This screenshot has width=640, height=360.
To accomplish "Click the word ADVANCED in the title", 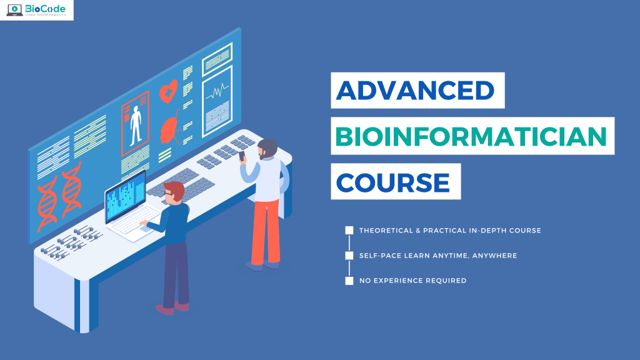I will point(415,91).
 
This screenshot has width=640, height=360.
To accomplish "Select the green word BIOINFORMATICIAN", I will point(472,137).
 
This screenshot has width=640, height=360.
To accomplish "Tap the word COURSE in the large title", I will point(393,182).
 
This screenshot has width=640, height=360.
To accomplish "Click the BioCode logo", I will point(37,10).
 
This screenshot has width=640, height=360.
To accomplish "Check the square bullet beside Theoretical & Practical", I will point(349,231).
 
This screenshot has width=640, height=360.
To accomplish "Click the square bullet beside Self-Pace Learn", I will point(349,256).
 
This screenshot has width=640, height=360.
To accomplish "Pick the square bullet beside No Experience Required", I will point(349,281).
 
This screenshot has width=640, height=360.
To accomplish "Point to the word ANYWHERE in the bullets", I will point(496,256).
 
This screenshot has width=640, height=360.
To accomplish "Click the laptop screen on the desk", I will point(125,198).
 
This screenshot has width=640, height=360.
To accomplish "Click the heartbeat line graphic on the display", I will point(217,92).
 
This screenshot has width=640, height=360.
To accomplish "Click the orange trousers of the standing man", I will point(265,231).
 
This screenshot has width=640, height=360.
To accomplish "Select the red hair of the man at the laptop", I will point(174,189).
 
